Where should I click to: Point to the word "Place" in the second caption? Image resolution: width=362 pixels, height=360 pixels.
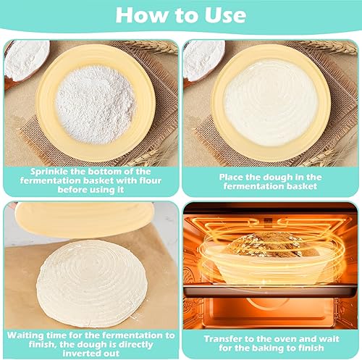coord(231,177)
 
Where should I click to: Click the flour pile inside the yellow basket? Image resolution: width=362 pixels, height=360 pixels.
coord(96,104)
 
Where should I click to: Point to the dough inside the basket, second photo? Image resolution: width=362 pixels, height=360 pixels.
coord(271,103)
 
